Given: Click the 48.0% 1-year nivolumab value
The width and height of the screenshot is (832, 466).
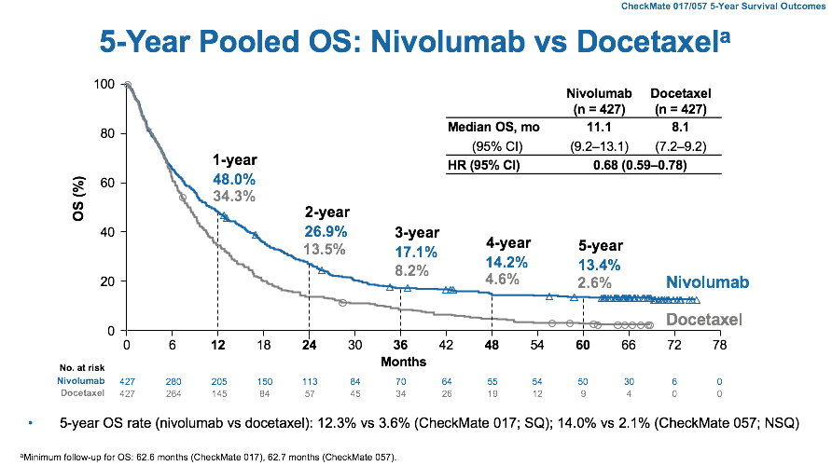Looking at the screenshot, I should (234, 179).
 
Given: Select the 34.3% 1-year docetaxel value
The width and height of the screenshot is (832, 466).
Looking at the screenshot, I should (234, 198).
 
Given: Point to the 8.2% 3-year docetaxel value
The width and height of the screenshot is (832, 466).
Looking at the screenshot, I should (410, 270).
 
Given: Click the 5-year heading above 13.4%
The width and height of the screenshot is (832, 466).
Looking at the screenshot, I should (601, 245).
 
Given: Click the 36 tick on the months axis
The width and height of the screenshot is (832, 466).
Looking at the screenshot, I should (400, 344).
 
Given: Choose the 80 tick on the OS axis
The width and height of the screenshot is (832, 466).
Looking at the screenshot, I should (107, 133).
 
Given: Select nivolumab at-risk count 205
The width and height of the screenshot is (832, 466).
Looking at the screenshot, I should (217, 381).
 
